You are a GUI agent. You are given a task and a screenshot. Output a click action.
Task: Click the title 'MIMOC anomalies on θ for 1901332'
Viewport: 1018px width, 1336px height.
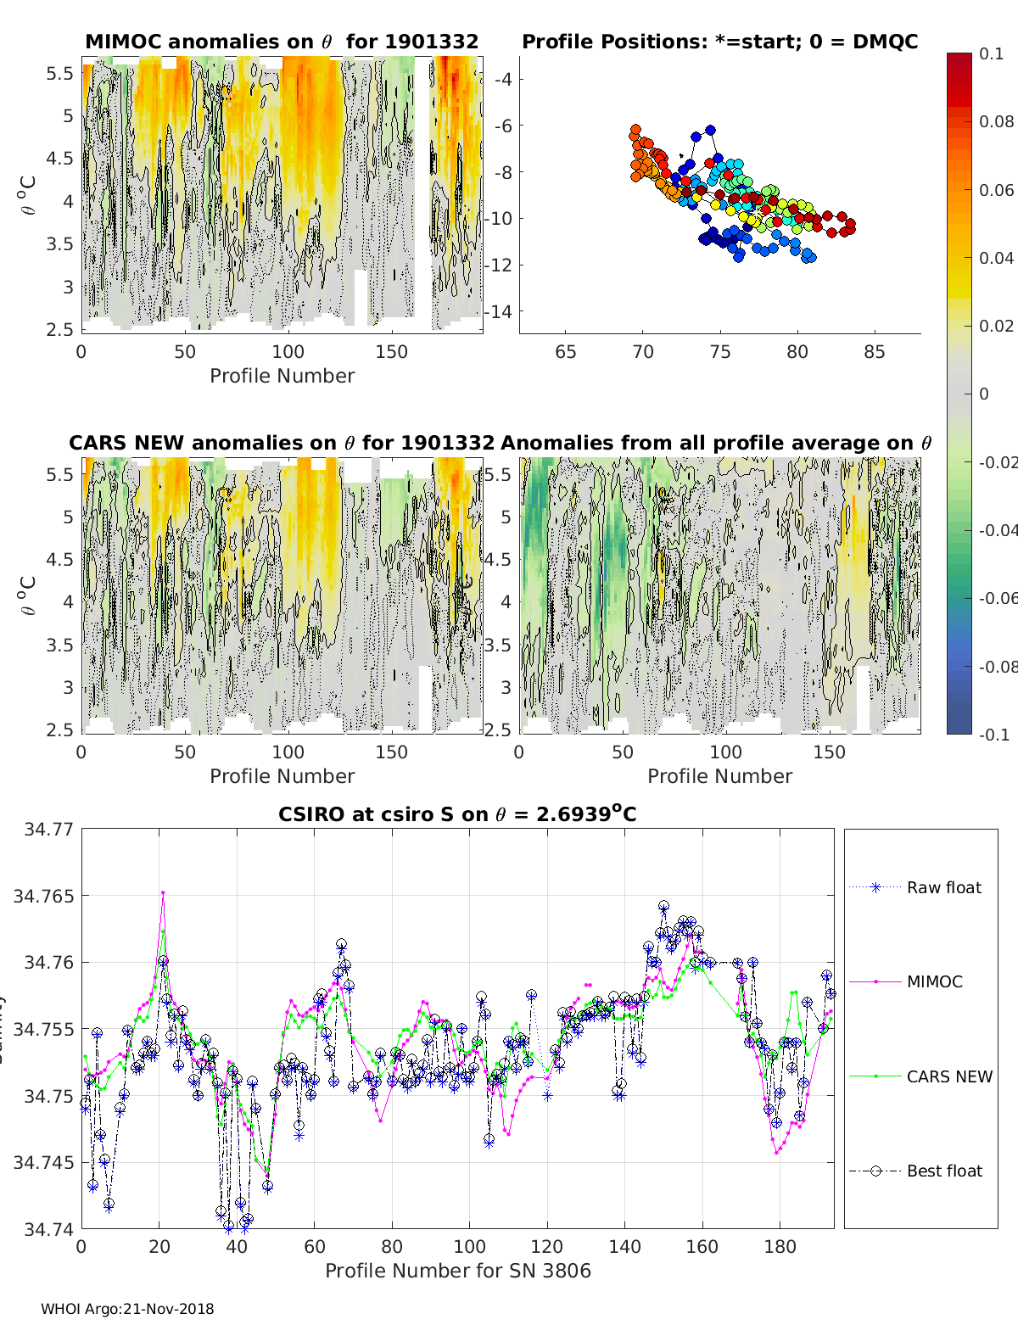coord(282,42)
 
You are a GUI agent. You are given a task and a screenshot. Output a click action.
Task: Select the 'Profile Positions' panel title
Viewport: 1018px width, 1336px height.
coord(719,42)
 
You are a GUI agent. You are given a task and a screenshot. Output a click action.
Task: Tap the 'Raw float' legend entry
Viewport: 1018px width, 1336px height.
coord(943,887)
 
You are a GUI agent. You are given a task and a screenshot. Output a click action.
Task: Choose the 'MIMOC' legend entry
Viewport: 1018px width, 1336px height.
coord(934,981)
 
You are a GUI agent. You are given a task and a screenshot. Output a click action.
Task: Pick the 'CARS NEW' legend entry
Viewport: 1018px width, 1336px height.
coord(948,1076)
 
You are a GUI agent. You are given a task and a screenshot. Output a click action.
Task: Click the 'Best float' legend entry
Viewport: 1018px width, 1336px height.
coord(943,1171)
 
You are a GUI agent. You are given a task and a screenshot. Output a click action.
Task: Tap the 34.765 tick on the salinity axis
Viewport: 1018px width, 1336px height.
coord(42,896)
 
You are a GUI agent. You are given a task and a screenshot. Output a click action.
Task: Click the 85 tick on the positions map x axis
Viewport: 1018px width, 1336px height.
coord(875,352)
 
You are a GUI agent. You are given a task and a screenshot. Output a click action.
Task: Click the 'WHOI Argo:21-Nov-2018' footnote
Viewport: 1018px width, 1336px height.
coord(127,1309)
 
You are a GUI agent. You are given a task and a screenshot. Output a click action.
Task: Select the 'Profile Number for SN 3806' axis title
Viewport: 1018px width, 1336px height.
coord(457,1271)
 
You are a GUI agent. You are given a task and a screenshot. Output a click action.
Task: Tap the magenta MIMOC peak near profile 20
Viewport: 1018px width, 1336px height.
coord(163,892)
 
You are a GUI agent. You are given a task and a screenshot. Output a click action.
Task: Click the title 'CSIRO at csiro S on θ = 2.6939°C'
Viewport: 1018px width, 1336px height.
coord(457,814)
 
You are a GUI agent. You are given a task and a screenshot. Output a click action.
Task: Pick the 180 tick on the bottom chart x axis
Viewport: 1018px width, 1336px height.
coord(780,1247)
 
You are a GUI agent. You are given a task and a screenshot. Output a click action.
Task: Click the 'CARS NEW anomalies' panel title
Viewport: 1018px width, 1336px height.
coord(282,443)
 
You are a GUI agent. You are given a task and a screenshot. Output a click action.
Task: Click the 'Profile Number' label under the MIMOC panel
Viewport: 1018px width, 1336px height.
coord(282,376)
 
